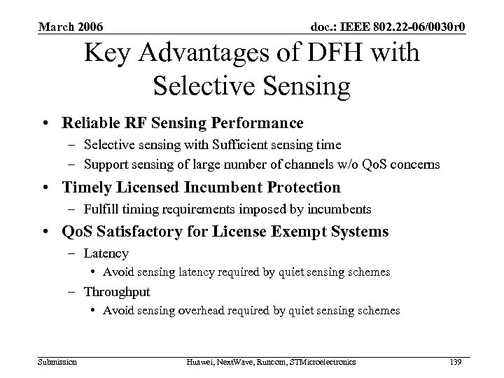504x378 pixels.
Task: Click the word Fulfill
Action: pyautogui.click(x=99, y=209)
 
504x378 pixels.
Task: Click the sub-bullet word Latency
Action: pyautogui.click(x=106, y=253)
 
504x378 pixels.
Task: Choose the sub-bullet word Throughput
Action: pyautogui.click(x=117, y=292)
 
